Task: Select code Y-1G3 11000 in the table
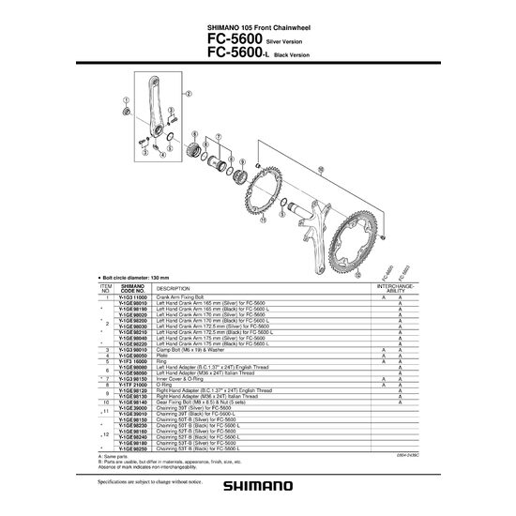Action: (132, 296)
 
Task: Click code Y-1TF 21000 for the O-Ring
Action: (132, 384)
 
